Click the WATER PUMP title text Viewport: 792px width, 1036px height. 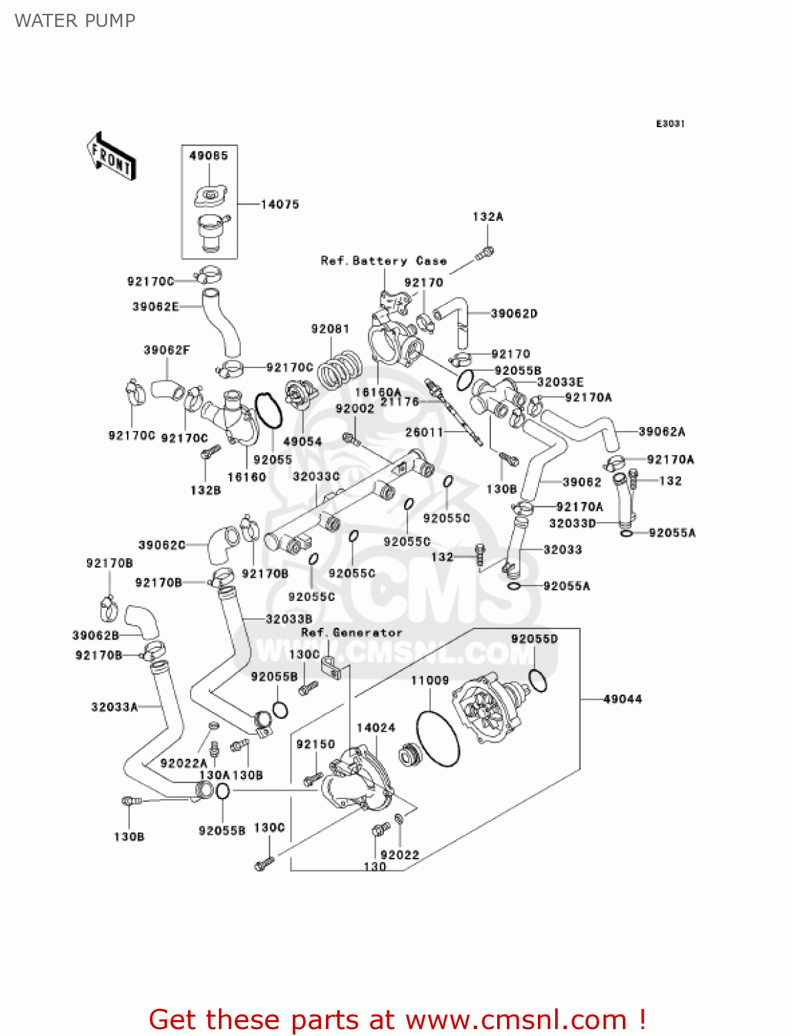click(x=75, y=21)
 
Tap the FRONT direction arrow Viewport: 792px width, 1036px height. click(x=110, y=157)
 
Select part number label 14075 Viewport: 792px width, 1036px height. click(x=280, y=204)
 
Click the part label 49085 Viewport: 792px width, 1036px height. click(x=209, y=156)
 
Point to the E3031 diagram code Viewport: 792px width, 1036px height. click(x=670, y=124)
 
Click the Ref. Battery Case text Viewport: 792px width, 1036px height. click(x=383, y=261)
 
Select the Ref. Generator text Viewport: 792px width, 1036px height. click(x=351, y=633)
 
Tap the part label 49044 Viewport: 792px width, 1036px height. click(x=622, y=699)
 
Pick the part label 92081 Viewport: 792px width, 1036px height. click(x=330, y=329)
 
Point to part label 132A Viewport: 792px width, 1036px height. click(x=487, y=217)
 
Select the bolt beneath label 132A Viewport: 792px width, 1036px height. click(x=485, y=253)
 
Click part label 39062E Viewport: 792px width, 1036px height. click(x=155, y=307)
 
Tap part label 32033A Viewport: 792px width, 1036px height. click(x=115, y=707)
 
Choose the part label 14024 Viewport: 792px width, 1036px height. click(x=376, y=727)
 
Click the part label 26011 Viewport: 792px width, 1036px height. click(x=424, y=432)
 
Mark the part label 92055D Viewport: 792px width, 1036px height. click(x=534, y=639)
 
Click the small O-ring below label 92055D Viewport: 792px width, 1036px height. click(x=538, y=680)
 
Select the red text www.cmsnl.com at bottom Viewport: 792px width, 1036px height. click(x=516, y=1019)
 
